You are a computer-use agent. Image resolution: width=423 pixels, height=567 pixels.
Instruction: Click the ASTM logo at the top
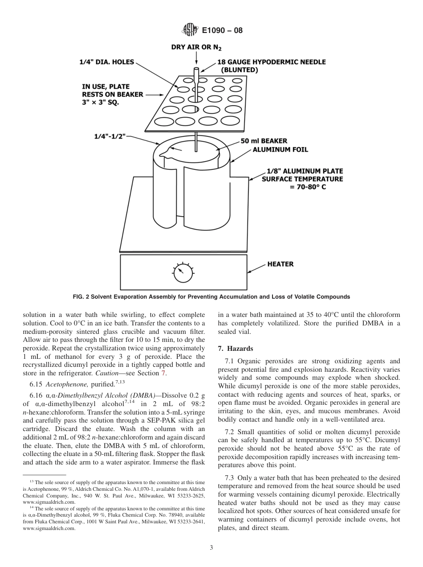pyautogui.click(x=190, y=31)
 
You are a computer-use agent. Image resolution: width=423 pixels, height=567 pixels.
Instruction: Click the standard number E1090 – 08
pyautogui.click(x=222, y=31)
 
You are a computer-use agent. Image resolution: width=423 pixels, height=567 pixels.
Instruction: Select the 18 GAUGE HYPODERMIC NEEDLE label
pyautogui.click(x=271, y=62)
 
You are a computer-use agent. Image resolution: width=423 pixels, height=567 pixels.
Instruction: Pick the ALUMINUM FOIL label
pyautogui.click(x=280, y=150)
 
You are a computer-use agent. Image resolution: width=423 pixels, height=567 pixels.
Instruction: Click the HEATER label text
pyautogui.click(x=280, y=264)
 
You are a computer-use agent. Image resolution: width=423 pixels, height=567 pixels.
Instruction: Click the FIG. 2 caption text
pyautogui.click(x=211, y=297)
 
